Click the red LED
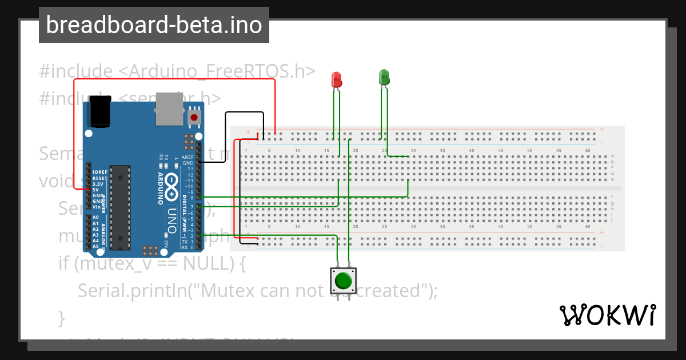[x=337, y=79]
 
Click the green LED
[x=384, y=77]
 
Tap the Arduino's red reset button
[x=194, y=118]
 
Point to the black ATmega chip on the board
[x=120, y=207]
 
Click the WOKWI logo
[x=607, y=315]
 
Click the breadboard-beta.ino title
[x=154, y=25]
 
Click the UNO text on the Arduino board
[x=173, y=220]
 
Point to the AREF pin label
[x=188, y=157]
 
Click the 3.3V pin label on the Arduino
[x=98, y=183]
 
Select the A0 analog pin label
[x=95, y=218]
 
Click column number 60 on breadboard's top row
[x=588, y=151]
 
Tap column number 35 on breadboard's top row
[x=442, y=151]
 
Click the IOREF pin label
[x=99, y=172]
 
